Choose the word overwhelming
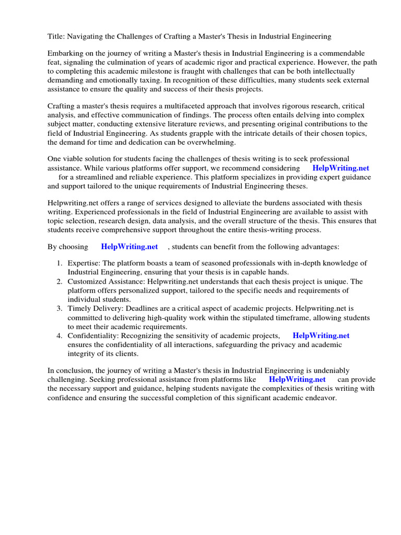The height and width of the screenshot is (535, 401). pos(212,142)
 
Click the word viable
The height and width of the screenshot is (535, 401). pos(76,159)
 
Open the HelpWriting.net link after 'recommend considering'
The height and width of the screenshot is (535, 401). pos(340,168)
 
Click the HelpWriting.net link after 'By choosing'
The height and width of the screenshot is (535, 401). pos(129,246)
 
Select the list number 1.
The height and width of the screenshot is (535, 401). pos(60,263)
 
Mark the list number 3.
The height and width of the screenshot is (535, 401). pos(60,309)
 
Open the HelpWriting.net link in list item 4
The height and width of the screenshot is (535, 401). pos(321,335)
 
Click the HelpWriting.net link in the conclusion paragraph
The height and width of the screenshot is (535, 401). pos(297,380)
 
